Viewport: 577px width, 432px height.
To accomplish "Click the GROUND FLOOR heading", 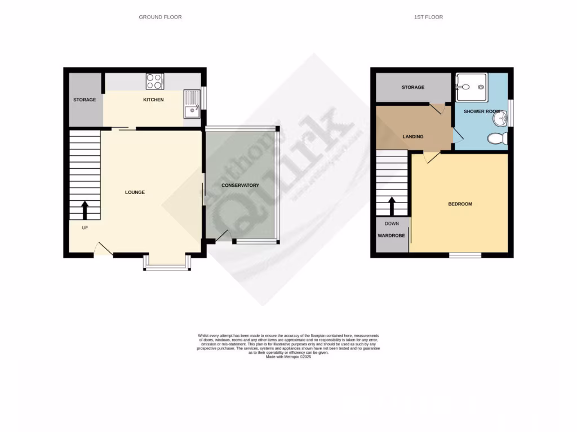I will pos(160,17).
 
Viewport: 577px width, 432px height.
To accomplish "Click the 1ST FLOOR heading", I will pos(428,17).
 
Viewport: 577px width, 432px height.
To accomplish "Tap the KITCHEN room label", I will pos(153,100).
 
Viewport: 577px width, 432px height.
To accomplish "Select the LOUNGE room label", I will pos(135,192).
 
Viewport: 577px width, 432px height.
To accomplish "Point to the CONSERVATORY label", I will pos(240,186).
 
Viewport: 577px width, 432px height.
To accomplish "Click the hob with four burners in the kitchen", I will pos(154,82).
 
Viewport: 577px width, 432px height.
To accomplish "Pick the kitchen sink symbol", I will pos(192,104).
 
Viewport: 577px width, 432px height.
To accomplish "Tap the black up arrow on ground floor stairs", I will pos(85,210).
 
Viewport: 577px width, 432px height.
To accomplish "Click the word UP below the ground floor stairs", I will pos(85,228).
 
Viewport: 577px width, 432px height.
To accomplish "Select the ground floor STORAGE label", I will pos(85,100).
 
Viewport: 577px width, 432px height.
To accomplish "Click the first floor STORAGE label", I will pos(413,88).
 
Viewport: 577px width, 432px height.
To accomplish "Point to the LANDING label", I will pos(413,137).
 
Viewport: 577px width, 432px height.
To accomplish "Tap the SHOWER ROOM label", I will pos(482,112).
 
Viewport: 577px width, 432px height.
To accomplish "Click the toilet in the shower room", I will pos(497,138).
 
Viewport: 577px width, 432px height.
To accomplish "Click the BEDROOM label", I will pos(460,204).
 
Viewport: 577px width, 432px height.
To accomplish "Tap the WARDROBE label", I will pos(392,235).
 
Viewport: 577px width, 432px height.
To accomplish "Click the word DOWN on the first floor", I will pos(392,224).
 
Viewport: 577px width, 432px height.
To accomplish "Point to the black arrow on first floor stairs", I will pos(392,205).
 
